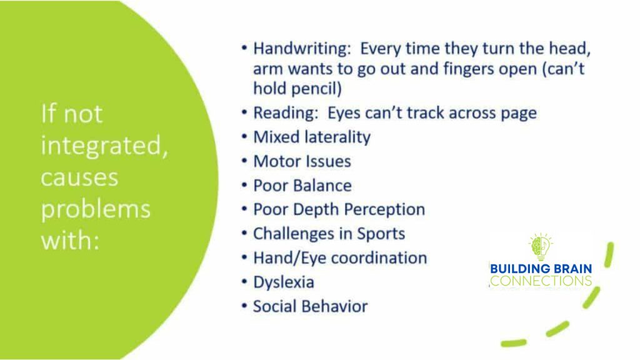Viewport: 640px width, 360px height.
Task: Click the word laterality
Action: (x=336, y=137)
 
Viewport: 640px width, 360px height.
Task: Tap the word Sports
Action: (x=381, y=234)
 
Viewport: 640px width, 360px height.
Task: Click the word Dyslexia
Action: (x=284, y=282)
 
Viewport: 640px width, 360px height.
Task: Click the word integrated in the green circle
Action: (x=104, y=145)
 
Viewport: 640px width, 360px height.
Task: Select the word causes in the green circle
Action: (x=79, y=178)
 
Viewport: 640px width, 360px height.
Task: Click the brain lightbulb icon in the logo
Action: (x=541, y=247)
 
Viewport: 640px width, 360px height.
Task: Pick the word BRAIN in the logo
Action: (x=571, y=269)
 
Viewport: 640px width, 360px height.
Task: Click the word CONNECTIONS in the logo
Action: (x=541, y=281)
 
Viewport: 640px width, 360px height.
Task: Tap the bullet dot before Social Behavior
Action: (x=244, y=306)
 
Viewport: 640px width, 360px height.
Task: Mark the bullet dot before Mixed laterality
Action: (x=244, y=136)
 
